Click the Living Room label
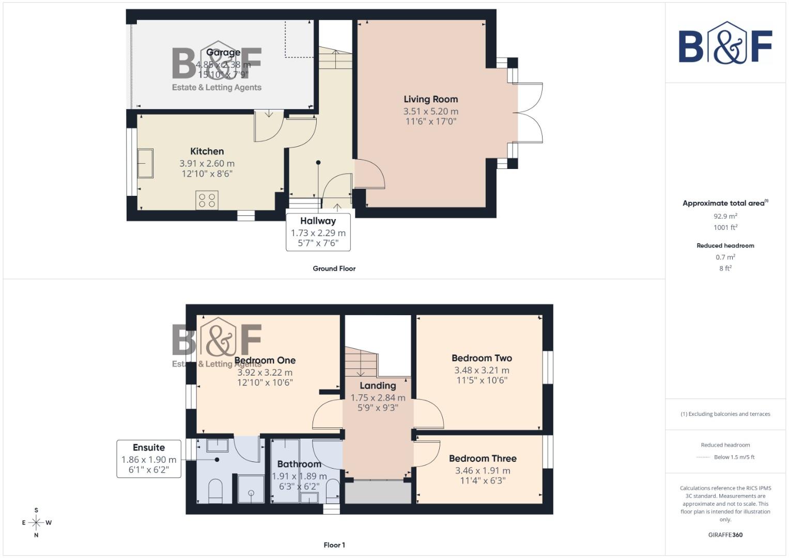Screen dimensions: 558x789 pos(430,99)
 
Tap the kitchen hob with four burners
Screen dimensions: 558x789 pos(207,200)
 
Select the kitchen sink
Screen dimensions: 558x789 pos(145,163)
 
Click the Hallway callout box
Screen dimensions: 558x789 pos(318,232)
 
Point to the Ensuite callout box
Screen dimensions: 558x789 pos(149,459)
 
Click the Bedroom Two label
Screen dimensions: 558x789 pos(482,358)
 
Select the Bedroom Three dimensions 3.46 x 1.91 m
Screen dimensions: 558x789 pos(483,471)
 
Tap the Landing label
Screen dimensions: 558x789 pos(378,386)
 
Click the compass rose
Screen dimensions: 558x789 pos(36,523)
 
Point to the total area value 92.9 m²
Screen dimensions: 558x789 pos(725,216)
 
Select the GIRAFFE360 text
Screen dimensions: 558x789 pos(725,535)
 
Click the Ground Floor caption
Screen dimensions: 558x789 pos(334,269)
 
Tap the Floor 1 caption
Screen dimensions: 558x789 pos(334,545)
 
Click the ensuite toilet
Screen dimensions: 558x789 pos(215,491)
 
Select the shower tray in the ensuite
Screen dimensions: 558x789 pos(251,489)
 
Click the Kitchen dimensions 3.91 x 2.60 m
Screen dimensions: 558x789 pos(207,163)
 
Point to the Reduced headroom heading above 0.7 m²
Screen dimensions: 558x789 pos(725,246)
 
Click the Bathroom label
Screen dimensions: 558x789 pos(299,464)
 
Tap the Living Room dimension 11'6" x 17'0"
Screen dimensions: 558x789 pos(430,122)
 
